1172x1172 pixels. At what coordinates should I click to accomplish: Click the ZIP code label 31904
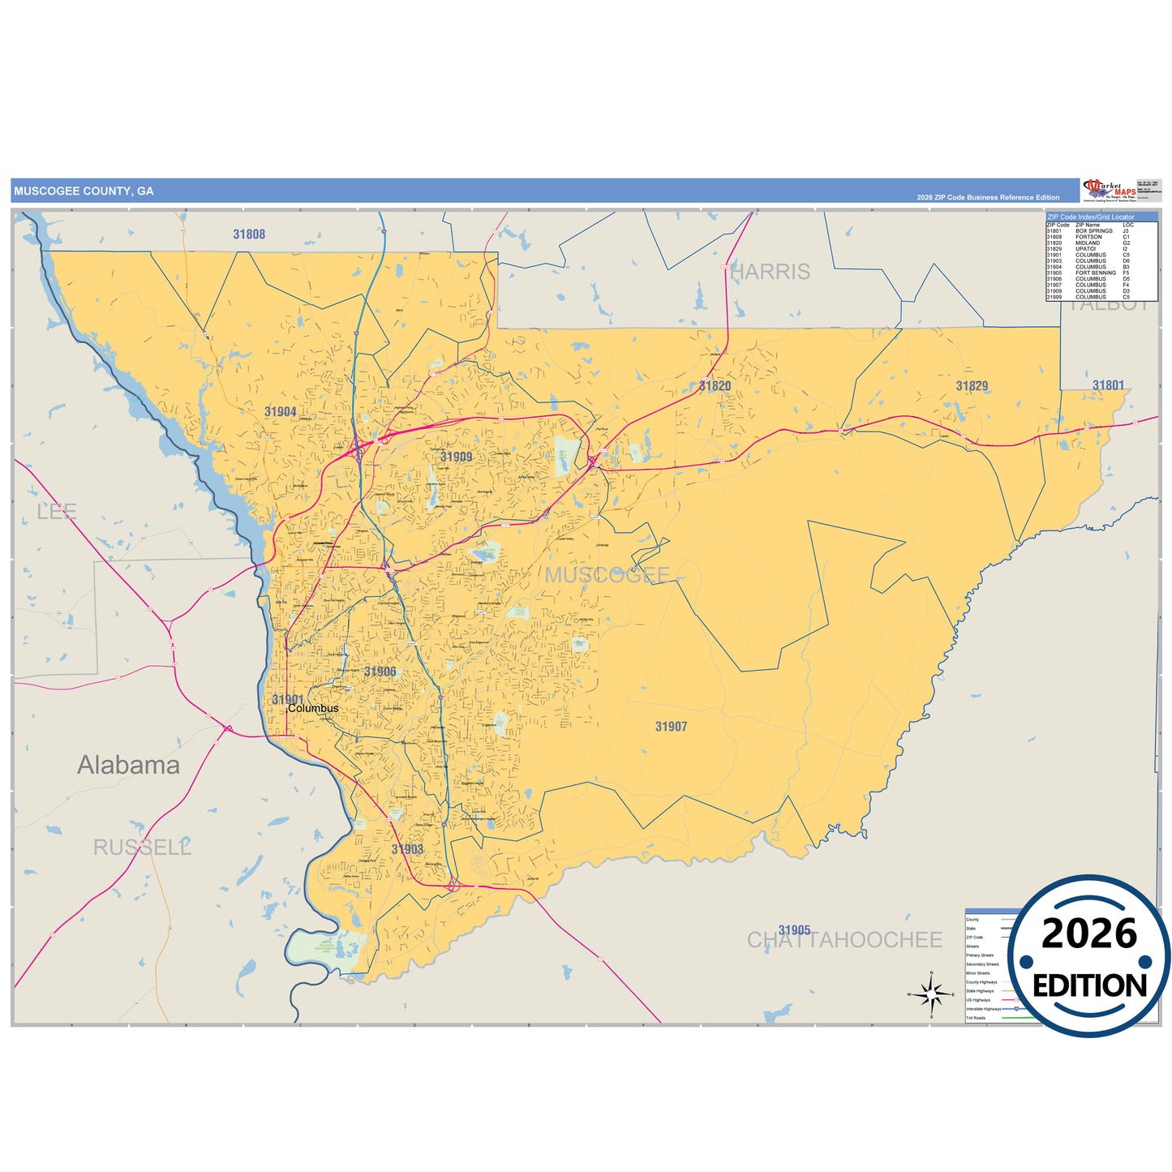[x=280, y=412]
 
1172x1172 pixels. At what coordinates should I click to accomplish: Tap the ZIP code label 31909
[x=456, y=457]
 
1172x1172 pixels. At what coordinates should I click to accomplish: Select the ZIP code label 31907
[x=671, y=727]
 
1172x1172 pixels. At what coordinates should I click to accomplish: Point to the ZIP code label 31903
[x=407, y=849]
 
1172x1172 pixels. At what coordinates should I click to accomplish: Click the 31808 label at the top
[x=249, y=234]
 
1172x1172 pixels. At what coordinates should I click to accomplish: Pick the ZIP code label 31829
[x=972, y=386]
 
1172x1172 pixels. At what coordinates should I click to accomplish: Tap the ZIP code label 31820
[x=715, y=386]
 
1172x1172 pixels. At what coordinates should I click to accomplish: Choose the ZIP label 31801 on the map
[x=1108, y=386]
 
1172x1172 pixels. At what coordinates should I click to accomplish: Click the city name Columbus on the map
[x=313, y=709]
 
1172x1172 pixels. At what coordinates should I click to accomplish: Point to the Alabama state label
[x=128, y=765]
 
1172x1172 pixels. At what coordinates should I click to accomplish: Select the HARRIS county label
[x=770, y=272]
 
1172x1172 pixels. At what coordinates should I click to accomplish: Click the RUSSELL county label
[x=142, y=848]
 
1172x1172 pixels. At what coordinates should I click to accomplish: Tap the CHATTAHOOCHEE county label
[x=844, y=940]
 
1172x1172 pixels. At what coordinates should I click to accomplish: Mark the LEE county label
[x=57, y=512]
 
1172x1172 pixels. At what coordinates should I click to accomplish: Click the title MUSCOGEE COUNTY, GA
[x=84, y=191]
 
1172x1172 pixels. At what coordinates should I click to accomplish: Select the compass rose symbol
[x=931, y=994]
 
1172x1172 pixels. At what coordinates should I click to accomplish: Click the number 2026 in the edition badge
[x=1089, y=934]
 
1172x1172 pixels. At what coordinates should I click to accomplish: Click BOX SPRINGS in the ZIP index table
[x=1094, y=231]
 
